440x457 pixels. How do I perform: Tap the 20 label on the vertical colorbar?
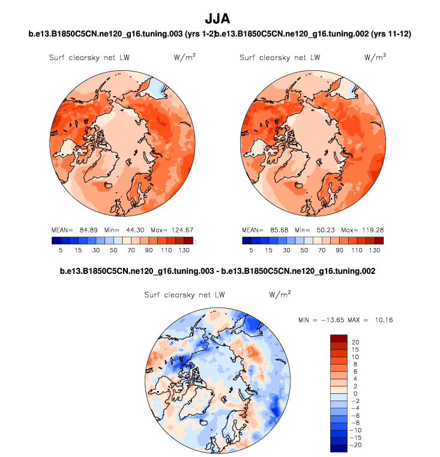point(355,342)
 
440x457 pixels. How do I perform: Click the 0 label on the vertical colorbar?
point(354,393)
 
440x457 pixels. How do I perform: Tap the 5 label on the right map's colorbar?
point(252,249)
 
